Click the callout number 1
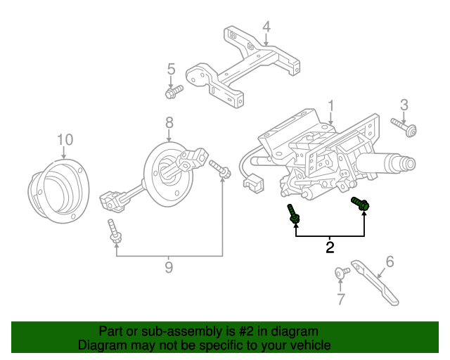330,106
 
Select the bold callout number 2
330,247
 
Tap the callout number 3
404,105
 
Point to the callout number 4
266,27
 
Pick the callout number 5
170,69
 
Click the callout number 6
390,262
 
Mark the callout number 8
169,122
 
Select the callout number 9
169,266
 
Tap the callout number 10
65,139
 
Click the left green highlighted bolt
294,214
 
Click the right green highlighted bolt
361,204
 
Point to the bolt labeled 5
173,91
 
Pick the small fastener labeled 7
341,272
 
